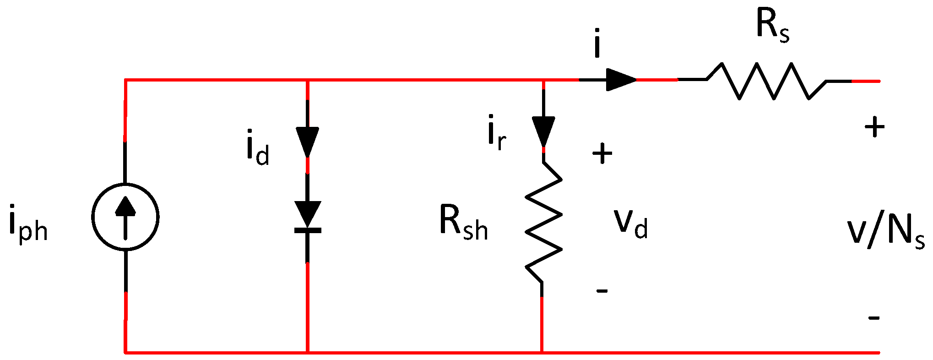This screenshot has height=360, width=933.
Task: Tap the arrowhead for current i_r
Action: click(543, 131)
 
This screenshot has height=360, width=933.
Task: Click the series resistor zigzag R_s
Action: click(774, 82)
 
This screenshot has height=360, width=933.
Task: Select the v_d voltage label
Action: click(631, 224)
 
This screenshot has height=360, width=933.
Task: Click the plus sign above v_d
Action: click(602, 153)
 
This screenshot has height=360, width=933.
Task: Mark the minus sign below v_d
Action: click(602, 290)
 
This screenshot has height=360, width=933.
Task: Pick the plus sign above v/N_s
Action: click(874, 127)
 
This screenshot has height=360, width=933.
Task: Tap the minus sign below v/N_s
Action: click(874, 317)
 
